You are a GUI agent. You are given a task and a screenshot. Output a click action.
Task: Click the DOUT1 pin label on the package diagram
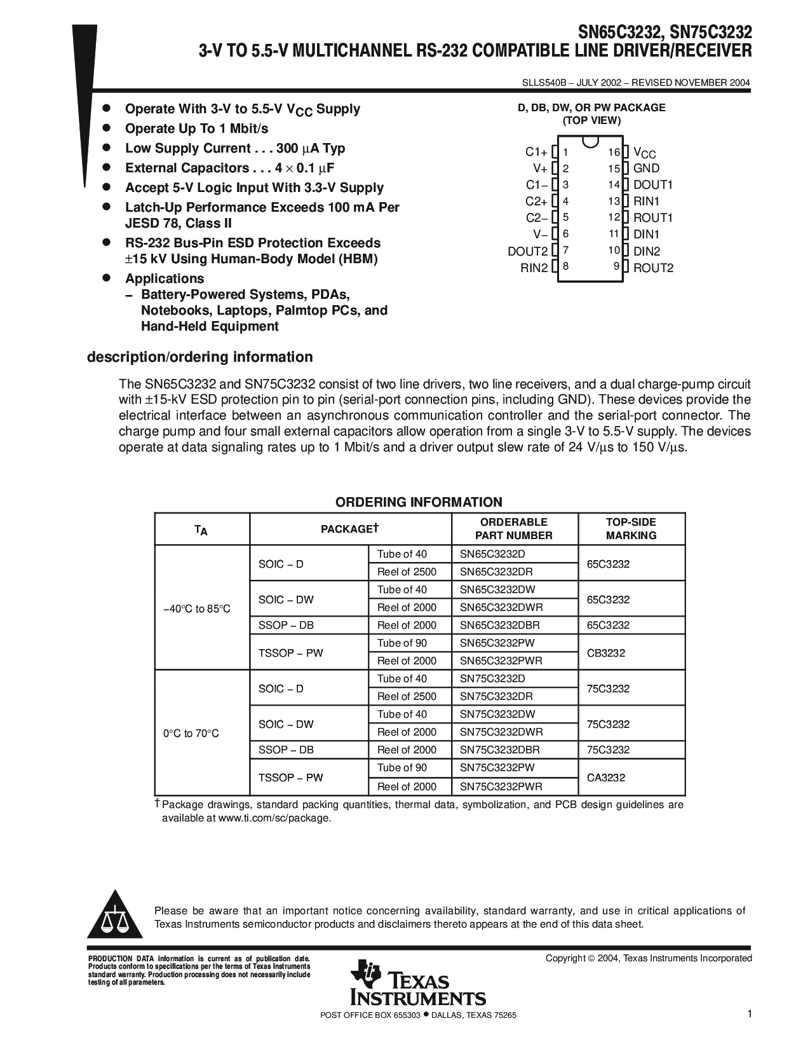652,185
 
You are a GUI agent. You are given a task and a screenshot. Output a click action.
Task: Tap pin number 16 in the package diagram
614,152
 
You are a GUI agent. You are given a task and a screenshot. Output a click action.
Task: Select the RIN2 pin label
534,268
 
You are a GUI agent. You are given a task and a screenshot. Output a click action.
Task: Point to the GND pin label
646,168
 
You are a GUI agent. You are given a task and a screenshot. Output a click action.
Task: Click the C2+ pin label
536,202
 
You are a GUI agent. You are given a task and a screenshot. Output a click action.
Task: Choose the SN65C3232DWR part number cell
501,607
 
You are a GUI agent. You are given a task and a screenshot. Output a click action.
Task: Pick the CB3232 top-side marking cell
606,652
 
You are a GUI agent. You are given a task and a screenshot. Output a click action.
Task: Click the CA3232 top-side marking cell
606,777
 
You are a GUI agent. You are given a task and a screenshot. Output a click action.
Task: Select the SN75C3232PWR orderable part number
501,786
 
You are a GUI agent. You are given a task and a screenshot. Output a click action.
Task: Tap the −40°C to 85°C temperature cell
197,609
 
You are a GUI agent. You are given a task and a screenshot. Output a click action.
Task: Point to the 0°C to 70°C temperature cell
191,734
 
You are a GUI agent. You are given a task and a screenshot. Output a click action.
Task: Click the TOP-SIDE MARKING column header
631,529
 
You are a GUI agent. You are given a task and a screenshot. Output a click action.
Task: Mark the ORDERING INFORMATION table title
419,502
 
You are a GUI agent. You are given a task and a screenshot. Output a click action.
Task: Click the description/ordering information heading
200,357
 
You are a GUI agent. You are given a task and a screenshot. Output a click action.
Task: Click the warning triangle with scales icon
114,917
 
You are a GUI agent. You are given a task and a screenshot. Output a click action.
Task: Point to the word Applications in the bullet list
165,278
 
